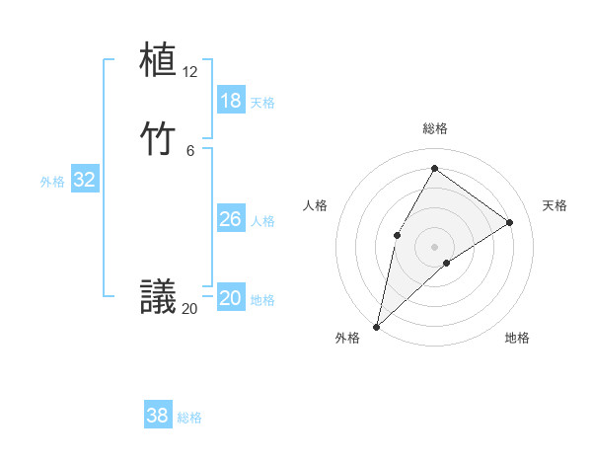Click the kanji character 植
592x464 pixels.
click(x=158, y=60)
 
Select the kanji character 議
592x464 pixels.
click(x=158, y=297)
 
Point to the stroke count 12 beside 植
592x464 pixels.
click(x=190, y=72)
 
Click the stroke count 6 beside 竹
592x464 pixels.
click(x=190, y=150)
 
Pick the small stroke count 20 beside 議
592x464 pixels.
click(x=190, y=309)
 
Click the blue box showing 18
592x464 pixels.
click(x=231, y=101)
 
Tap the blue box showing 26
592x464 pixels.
click(x=231, y=219)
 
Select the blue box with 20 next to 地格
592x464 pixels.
click(x=231, y=298)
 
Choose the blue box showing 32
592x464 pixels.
click(x=85, y=180)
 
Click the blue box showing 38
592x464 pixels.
click(x=158, y=416)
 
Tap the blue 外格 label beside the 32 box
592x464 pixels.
click(x=52, y=182)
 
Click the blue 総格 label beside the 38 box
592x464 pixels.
click(x=189, y=418)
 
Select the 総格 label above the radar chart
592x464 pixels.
click(x=435, y=128)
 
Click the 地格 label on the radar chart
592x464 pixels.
click(x=517, y=338)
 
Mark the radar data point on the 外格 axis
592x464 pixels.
click(x=376, y=326)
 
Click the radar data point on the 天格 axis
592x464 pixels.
click(x=510, y=222)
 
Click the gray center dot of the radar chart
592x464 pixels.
click(x=435, y=246)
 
